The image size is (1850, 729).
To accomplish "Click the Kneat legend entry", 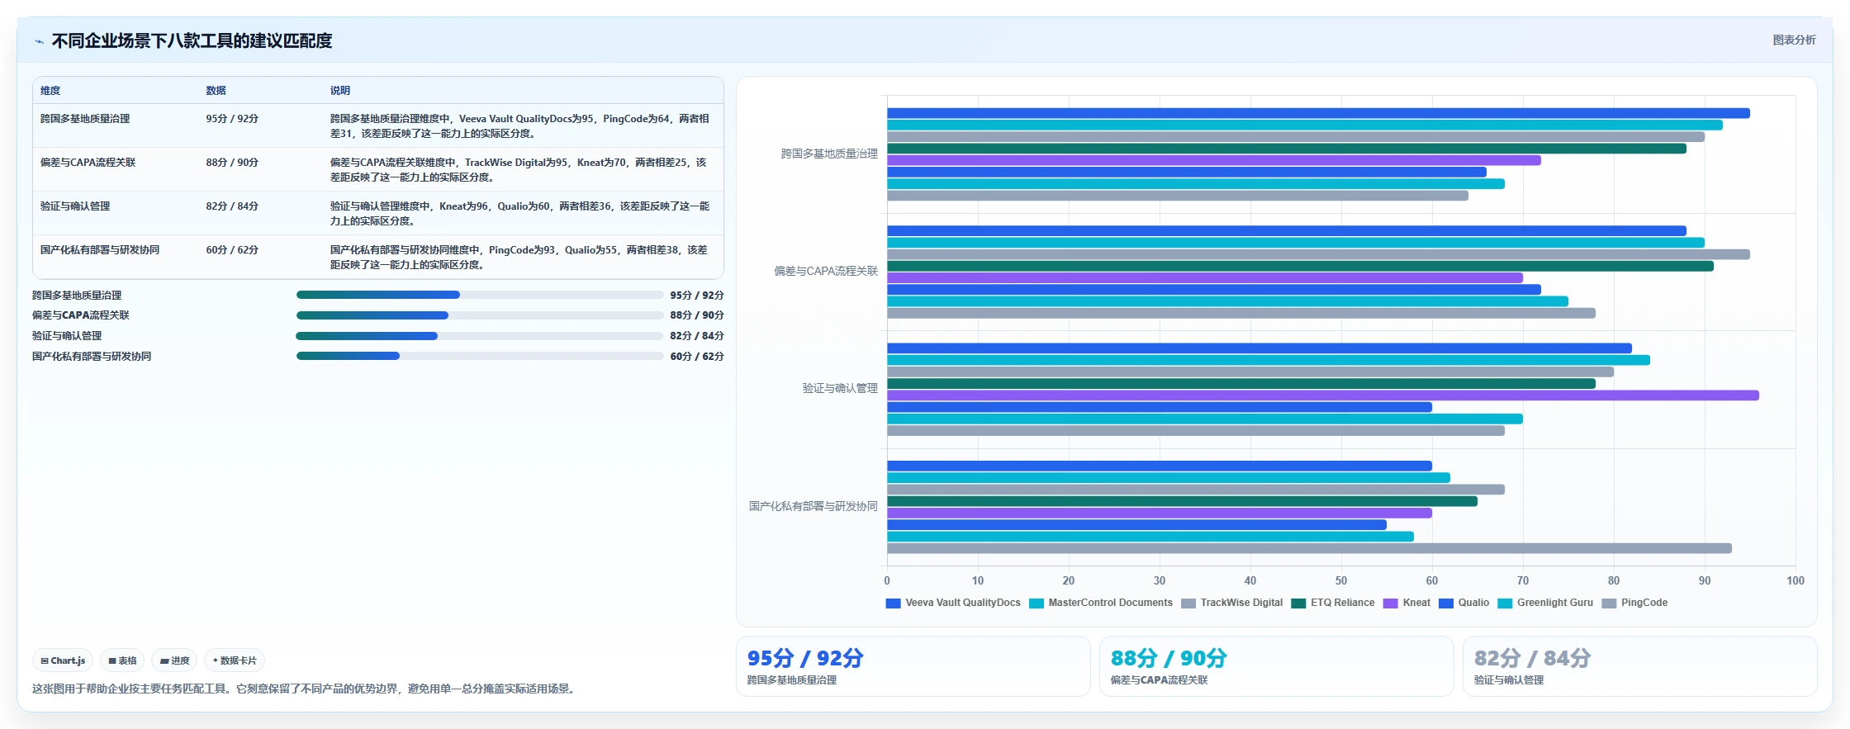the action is [x=1406, y=603].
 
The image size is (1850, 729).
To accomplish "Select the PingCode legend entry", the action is [x=1634, y=603].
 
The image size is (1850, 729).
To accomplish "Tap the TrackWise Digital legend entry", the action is [x=1231, y=603].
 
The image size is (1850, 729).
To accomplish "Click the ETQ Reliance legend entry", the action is [x=1333, y=603].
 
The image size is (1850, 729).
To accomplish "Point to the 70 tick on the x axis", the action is [x=1523, y=580].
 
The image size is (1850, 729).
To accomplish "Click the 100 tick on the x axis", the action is [x=1795, y=580].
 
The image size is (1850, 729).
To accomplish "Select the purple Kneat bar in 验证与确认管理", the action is [x=1323, y=395].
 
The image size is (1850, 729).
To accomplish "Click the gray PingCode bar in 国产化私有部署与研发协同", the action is [x=1309, y=548].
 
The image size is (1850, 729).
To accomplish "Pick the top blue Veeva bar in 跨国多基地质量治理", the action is [x=1318, y=113].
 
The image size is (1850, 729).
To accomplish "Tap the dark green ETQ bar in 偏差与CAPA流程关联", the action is [x=1300, y=266].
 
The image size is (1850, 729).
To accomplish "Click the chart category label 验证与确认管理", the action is [x=840, y=388].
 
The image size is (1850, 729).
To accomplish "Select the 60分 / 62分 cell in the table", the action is [x=232, y=250].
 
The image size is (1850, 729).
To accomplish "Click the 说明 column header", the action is [x=340, y=91].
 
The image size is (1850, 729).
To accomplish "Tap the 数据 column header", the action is [x=216, y=91].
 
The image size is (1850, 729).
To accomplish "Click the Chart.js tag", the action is [x=63, y=660].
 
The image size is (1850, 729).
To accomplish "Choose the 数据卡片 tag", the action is [x=235, y=660].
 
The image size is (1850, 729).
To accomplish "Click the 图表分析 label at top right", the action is [x=1794, y=40].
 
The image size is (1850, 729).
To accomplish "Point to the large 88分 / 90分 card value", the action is [x=1169, y=658].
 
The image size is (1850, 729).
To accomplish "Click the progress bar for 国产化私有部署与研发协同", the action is [x=480, y=356].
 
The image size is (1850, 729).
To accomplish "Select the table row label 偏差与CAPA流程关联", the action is [x=88, y=163].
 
